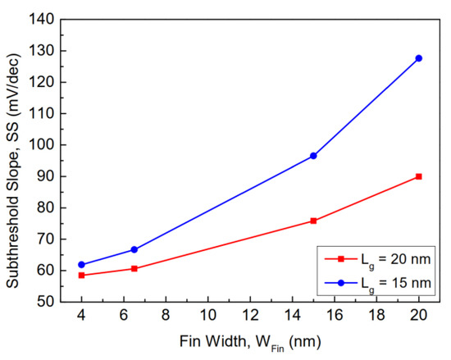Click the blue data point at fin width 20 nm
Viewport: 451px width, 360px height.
(x=419, y=58)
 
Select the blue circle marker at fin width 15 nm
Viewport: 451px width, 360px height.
(x=313, y=156)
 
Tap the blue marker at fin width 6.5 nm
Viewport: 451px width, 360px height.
(x=134, y=249)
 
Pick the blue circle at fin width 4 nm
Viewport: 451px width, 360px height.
(x=81, y=265)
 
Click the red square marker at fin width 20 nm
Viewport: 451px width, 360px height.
(x=419, y=176)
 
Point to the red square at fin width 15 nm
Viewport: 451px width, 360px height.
(x=313, y=221)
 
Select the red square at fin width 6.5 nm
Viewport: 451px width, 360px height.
(x=134, y=268)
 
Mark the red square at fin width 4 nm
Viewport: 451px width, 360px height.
(x=81, y=276)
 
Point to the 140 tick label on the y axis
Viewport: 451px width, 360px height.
(x=45, y=20)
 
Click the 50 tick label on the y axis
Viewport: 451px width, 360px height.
(x=48, y=302)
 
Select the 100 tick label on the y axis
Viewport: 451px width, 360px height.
(x=45, y=145)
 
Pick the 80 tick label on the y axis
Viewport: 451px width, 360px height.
(x=48, y=207)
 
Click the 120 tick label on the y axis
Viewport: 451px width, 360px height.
(x=45, y=82)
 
